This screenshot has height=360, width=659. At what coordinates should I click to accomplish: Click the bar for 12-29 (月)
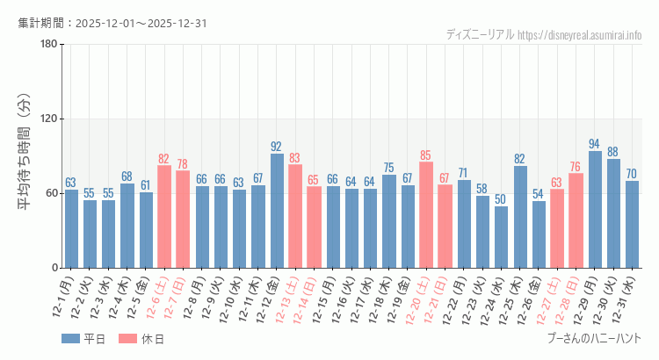click(595, 210)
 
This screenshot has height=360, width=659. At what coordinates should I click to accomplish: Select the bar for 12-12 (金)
click(277, 211)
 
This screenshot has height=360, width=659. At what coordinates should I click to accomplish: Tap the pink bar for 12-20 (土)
click(426, 215)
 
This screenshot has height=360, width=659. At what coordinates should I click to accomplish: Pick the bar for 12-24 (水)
click(501, 237)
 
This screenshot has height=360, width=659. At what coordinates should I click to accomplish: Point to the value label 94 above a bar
click(595, 144)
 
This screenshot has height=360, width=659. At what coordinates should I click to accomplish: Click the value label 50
click(501, 199)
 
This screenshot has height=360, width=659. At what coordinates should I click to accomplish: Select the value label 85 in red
click(426, 155)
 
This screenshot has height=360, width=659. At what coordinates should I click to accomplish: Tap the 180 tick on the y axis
click(49, 45)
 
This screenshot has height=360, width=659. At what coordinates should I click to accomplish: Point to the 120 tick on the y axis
click(49, 119)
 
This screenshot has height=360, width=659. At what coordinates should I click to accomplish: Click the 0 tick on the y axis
click(54, 268)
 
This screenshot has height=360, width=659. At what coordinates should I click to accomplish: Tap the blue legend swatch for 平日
click(71, 339)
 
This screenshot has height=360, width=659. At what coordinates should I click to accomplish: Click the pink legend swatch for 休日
click(127, 339)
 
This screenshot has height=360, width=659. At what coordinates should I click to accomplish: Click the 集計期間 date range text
click(112, 23)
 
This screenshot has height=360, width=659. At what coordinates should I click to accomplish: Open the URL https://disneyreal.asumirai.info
click(579, 35)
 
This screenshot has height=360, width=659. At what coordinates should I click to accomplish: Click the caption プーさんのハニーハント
click(594, 338)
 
